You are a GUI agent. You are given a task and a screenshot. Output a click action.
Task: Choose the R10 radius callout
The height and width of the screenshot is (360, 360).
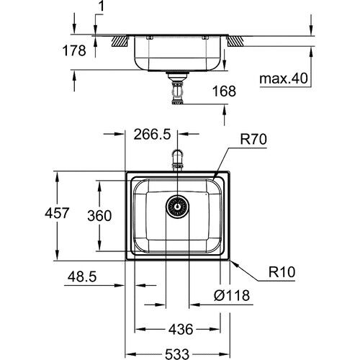[x=285, y=274]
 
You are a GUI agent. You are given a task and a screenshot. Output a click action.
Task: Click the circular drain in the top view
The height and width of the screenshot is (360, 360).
[x=177, y=207]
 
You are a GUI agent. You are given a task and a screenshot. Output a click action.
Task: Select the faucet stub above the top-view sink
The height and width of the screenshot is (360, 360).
[x=177, y=158]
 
